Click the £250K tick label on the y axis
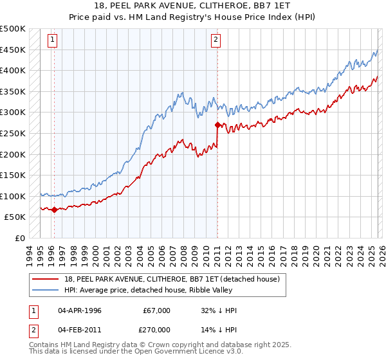pyautogui.click(x=13, y=133)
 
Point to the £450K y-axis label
pyautogui.click(x=13, y=50)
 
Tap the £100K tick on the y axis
pyautogui.click(x=13, y=196)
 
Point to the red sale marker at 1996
pyautogui.click(x=54, y=210)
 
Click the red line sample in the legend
pyautogui.click(x=46, y=279)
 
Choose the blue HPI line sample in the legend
pyautogui.click(x=46, y=290)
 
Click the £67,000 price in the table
pyautogui.click(x=156, y=310)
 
